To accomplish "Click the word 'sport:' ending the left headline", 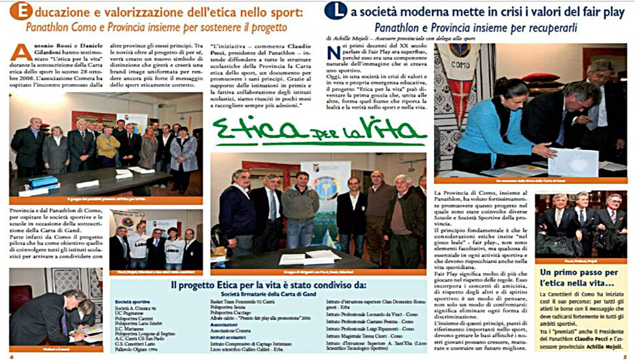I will point(292,11).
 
